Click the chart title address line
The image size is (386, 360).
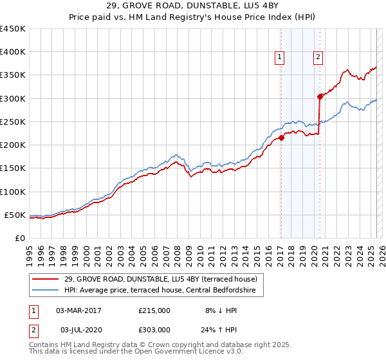click(192, 6)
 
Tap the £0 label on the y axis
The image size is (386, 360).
click(20, 238)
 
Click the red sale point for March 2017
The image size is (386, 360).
click(281, 138)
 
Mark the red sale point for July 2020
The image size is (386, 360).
click(319, 97)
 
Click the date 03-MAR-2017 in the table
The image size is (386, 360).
click(78, 310)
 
